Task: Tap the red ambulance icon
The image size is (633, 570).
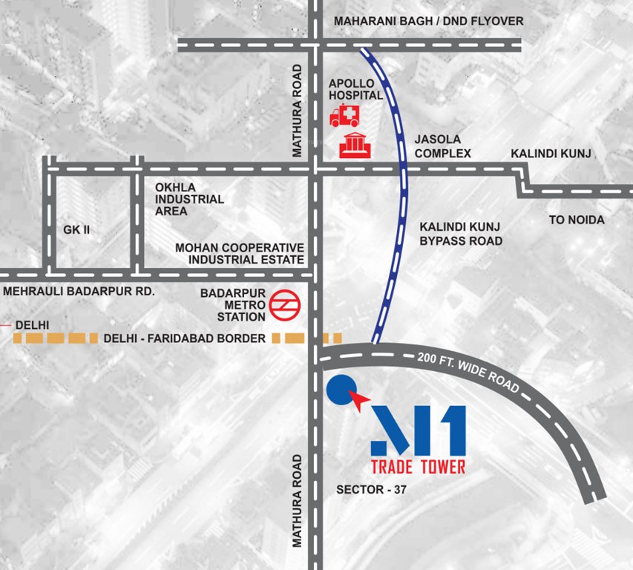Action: click(x=344, y=116)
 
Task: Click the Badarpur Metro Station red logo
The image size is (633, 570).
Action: click(x=283, y=304)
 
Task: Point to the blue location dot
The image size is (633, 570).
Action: click(x=339, y=388)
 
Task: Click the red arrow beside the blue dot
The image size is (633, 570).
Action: click(x=359, y=402)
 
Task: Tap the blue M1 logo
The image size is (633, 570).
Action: click(x=419, y=430)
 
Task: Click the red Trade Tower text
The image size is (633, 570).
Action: click(x=419, y=467)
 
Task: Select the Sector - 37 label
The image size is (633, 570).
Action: click(x=371, y=490)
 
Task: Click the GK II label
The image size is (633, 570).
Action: click(x=76, y=230)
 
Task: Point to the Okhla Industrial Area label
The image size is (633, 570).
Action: click(x=185, y=200)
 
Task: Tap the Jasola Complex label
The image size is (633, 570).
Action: click(x=442, y=146)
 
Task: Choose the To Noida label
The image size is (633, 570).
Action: click(x=577, y=220)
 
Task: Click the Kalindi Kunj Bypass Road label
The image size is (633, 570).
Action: click(x=461, y=234)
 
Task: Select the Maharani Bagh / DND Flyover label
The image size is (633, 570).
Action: click(x=428, y=22)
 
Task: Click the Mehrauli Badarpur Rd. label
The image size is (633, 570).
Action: click(x=79, y=292)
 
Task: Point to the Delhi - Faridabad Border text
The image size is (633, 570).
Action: click(x=185, y=338)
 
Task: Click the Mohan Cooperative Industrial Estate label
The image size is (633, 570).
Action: click(x=239, y=253)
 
